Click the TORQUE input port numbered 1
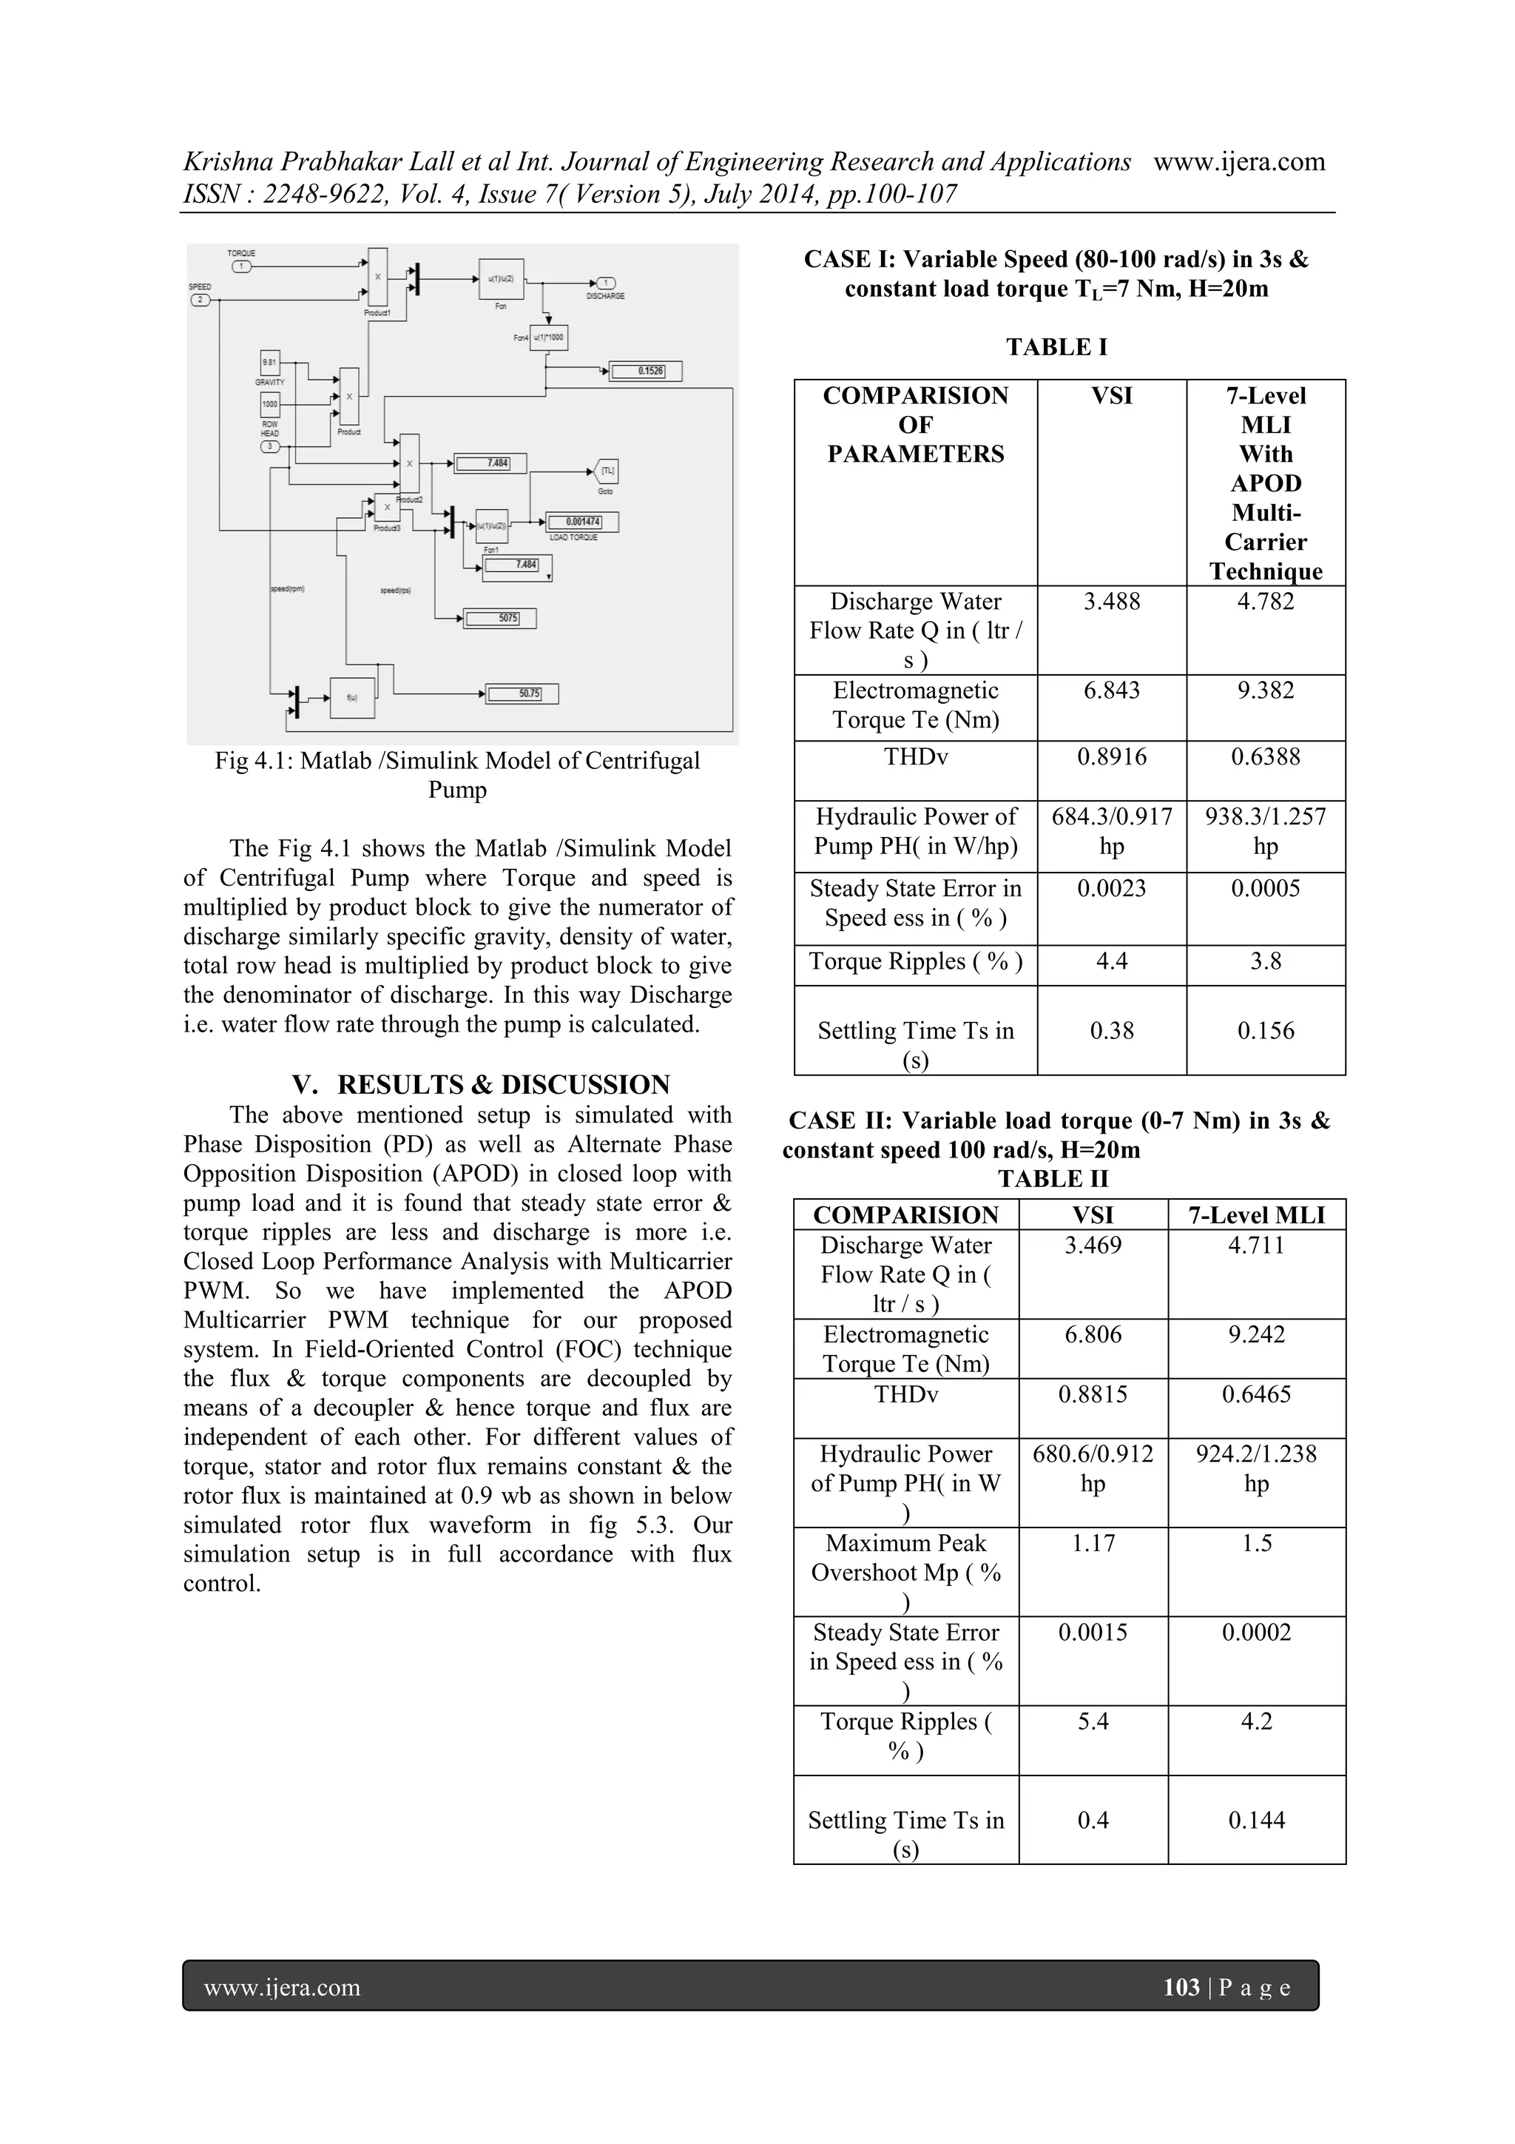click(x=241, y=266)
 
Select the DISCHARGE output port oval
click(x=605, y=284)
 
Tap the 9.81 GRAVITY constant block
click(x=270, y=363)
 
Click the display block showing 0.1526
click(x=646, y=372)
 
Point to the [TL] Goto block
click(x=605, y=471)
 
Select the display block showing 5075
click(x=499, y=618)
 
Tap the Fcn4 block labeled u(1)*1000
click(x=548, y=337)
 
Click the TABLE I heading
click(x=1056, y=347)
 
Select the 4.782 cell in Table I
click(x=1265, y=602)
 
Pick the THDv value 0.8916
click(x=1111, y=757)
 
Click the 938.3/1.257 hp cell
click(x=1265, y=831)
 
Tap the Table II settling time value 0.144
click(x=1255, y=1820)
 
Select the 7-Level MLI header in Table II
click(x=1255, y=1215)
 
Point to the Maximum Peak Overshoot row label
click(x=905, y=1573)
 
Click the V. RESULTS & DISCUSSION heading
click(x=481, y=1084)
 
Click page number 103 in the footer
click(x=1181, y=1987)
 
